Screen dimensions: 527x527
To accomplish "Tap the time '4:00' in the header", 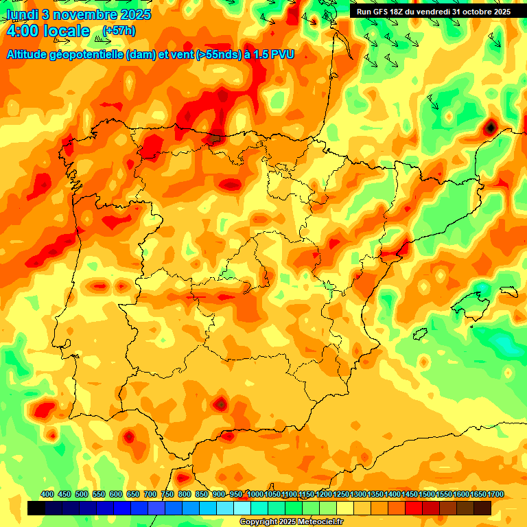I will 22,31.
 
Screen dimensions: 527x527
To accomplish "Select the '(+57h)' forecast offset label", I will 119,30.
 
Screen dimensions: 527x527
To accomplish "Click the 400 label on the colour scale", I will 47,494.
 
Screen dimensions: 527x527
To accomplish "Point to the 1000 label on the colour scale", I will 255,494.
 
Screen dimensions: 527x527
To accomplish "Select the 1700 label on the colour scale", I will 495,494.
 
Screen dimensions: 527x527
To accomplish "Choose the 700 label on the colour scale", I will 150,494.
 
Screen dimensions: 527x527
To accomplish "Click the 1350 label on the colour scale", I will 375,494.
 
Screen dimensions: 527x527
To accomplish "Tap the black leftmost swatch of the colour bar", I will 36,508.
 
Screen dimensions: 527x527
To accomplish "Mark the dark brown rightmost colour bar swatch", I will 482,508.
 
